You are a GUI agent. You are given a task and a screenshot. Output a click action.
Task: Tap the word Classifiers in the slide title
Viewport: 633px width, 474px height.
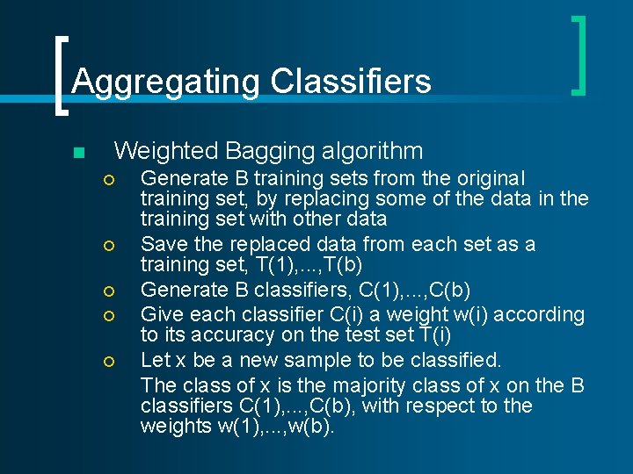pos(351,82)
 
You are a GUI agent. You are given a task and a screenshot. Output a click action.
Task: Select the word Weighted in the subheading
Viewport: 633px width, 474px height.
pos(166,151)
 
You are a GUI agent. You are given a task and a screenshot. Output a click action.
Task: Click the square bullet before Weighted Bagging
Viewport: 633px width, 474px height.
pos(78,154)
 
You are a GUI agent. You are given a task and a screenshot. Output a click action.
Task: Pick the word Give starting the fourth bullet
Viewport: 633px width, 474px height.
pos(161,314)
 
